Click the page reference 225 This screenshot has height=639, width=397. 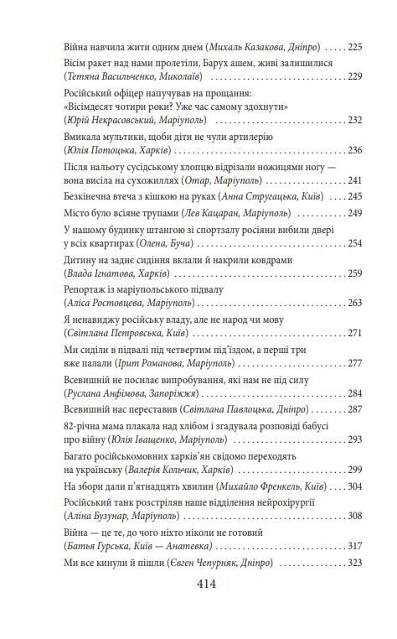tap(353, 47)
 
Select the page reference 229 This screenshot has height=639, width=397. tap(353, 76)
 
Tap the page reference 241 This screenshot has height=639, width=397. tap(353, 180)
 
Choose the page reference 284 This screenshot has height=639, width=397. tap(353, 392)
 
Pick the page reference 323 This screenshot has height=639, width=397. tap(353, 561)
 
